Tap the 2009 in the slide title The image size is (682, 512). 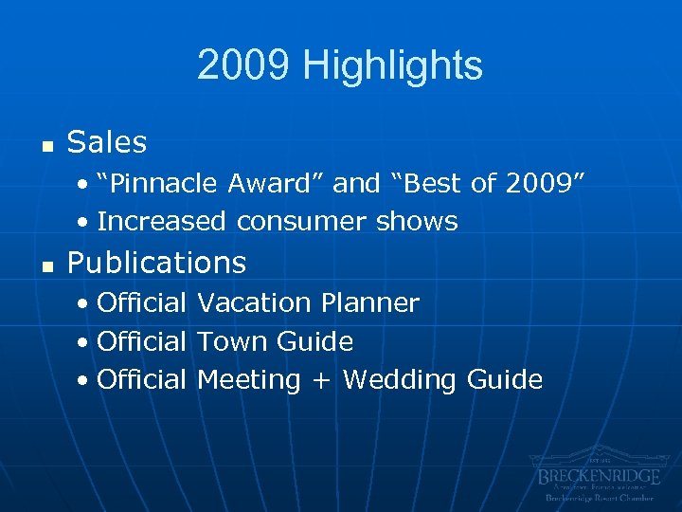coord(244,66)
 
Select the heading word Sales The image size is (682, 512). coord(107,143)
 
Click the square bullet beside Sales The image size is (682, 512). coord(44,145)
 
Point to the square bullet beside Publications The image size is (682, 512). coord(44,265)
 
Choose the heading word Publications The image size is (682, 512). coord(157,263)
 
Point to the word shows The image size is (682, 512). coord(417,222)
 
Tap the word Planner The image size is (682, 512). coord(370,303)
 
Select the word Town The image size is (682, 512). coord(232,341)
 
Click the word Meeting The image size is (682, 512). coord(249,380)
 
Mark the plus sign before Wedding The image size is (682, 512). coord(322,381)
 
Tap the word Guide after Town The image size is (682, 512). coord(315,341)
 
